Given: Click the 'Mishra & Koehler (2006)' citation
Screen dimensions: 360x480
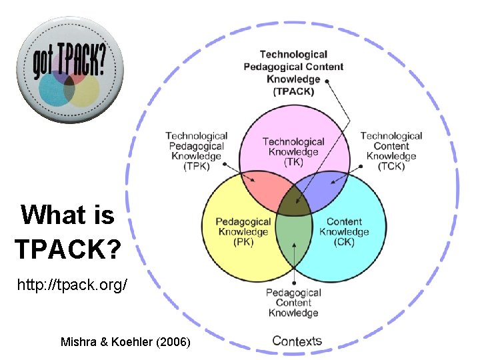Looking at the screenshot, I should [x=125, y=342].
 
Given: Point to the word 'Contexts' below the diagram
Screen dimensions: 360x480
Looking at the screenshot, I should [x=297, y=341].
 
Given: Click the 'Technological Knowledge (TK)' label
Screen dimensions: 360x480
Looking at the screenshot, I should [x=293, y=151].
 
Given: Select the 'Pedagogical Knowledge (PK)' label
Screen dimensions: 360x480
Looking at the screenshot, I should [x=243, y=232].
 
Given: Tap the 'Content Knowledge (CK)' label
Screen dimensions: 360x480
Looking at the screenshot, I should [x=344, y=232].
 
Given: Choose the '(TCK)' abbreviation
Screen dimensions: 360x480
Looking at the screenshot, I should [x=391, y=167].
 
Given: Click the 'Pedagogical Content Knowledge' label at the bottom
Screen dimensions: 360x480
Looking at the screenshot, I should [x=293, y=303].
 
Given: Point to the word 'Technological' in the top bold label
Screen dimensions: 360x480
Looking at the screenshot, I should [x=293, y=55].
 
